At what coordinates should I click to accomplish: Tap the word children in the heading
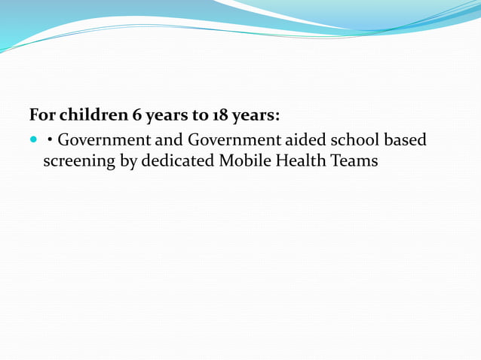(x=90, y=116)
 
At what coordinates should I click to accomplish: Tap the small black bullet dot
(x=50, y=140)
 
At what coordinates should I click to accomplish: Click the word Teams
(x=354, y=160)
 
